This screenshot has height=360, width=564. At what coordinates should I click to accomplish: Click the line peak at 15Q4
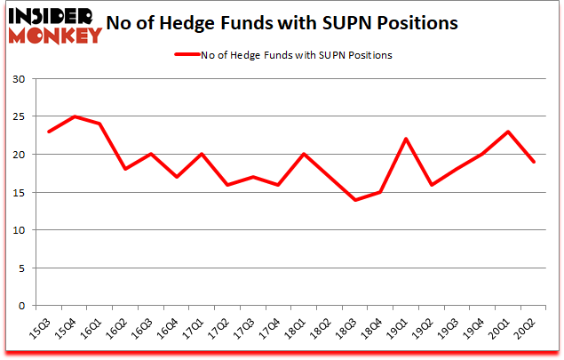click(75, 116)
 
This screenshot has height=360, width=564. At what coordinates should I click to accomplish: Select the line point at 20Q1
click(507, 132)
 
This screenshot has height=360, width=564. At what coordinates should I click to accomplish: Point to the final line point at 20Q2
click(533, 162)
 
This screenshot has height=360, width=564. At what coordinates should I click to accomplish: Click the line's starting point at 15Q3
click(49, 132)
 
